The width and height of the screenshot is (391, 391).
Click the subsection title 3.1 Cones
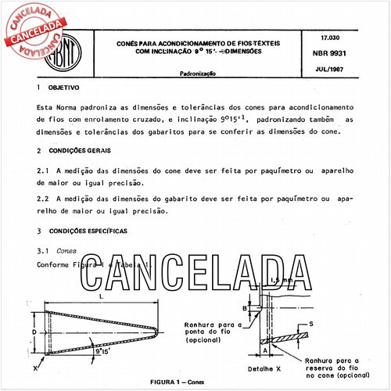pyautogui.click(x=56, y=250)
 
